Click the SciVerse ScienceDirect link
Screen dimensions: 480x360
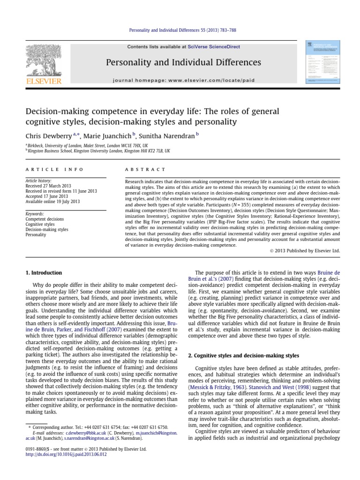tap(213, 47)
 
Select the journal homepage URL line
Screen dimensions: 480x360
tap(184, 80)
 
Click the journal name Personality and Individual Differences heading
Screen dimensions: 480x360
tap(184, 62)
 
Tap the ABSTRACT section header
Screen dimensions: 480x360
tap(146, 169)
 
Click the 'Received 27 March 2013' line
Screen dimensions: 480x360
tap(45, 186)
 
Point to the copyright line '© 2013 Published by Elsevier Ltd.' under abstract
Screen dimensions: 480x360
tap(304, 251)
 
